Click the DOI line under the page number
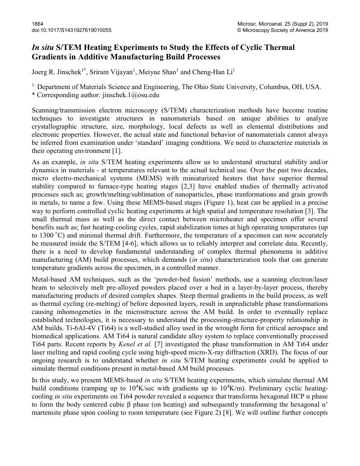tap(72, 30)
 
